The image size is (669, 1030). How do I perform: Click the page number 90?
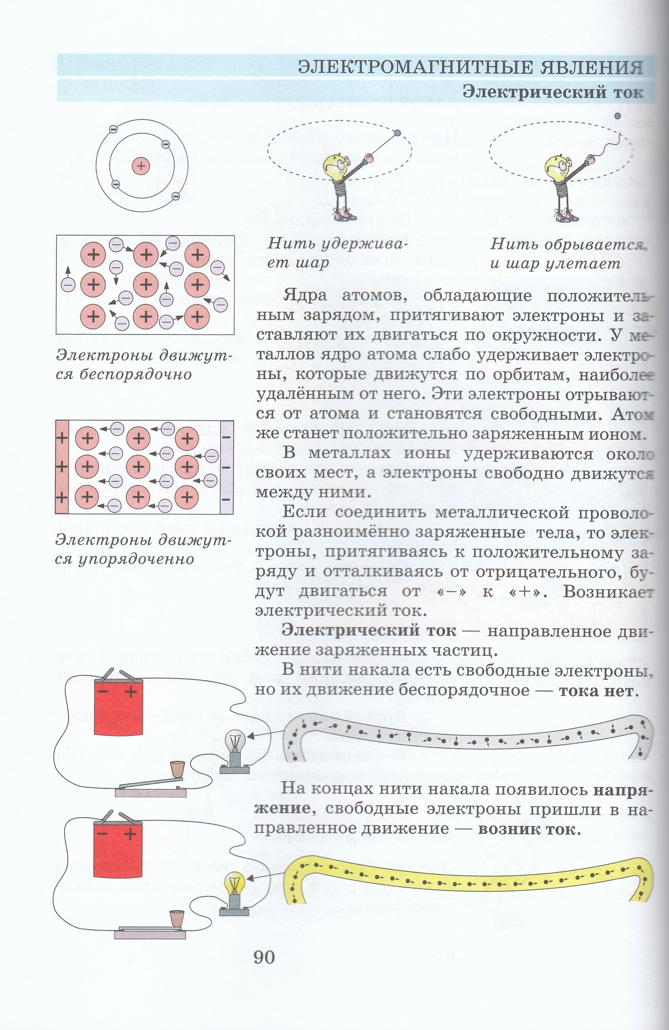(264, 957)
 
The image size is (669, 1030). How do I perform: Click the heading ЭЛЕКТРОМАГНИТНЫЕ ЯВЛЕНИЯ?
(471, 67)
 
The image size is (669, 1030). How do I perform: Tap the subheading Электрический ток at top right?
(553, 92)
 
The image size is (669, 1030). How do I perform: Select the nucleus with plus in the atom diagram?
(140, 166)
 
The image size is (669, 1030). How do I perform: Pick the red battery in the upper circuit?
(118, 707)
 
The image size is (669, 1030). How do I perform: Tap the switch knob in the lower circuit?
(177, 918)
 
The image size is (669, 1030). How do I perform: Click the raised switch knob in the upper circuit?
(177, 769)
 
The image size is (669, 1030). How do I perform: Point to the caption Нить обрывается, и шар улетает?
(567, 253)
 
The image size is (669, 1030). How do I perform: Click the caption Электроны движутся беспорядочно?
(144, 365)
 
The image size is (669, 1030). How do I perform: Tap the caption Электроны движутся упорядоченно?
(143, 549)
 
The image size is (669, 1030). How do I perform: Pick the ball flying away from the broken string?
(617, 116)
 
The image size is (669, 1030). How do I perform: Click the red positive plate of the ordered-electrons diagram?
(62, 467)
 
